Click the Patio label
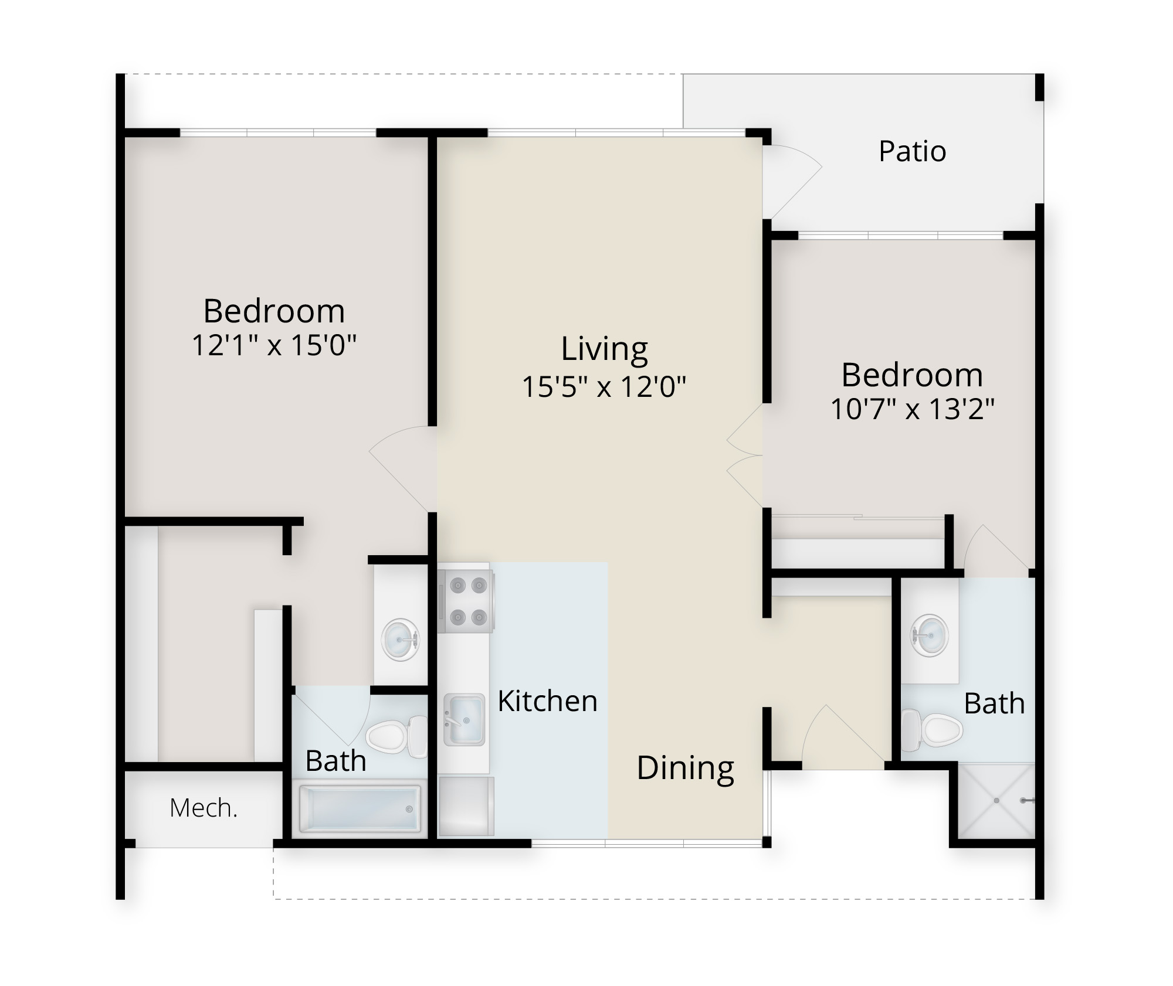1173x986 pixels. pos(912,151)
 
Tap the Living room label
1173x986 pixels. pos(604,349)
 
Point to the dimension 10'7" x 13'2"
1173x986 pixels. pos(913,409)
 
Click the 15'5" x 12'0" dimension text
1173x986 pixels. pos(604,386)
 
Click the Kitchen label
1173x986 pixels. pos(548,701)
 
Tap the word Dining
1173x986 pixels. pos(685,769)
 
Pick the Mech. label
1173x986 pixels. pos(204,808)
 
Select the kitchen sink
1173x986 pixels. pos(464,720)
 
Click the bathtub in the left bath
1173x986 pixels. pos(360,809)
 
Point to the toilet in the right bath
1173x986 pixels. pos(932,730)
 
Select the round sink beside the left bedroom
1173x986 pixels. pos(401,641)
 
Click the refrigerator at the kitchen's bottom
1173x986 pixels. pos(467,806)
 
